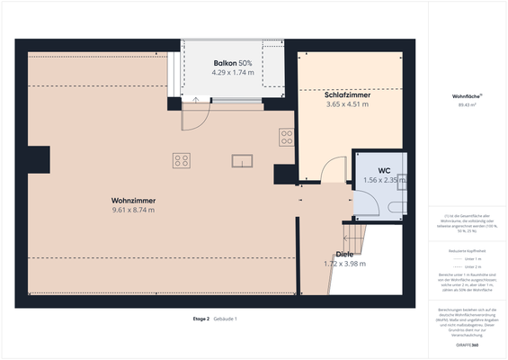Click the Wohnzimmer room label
tap(133, 200)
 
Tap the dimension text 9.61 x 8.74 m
tap(133, 210)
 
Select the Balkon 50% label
tap(232, 62)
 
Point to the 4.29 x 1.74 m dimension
tap(232, 72)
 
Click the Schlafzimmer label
tap(347, 94)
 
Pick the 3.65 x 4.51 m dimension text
tap(347, 104)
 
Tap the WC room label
tap(383, 169)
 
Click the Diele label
tap(344, 255)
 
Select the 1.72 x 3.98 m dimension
tap(344, 265)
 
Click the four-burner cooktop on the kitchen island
tap(182, 160)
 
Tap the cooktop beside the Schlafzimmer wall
tap(287, 137)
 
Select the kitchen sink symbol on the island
tap(243, 161)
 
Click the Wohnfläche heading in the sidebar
tap(466, 95)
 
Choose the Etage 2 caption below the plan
tap(201, 319)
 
